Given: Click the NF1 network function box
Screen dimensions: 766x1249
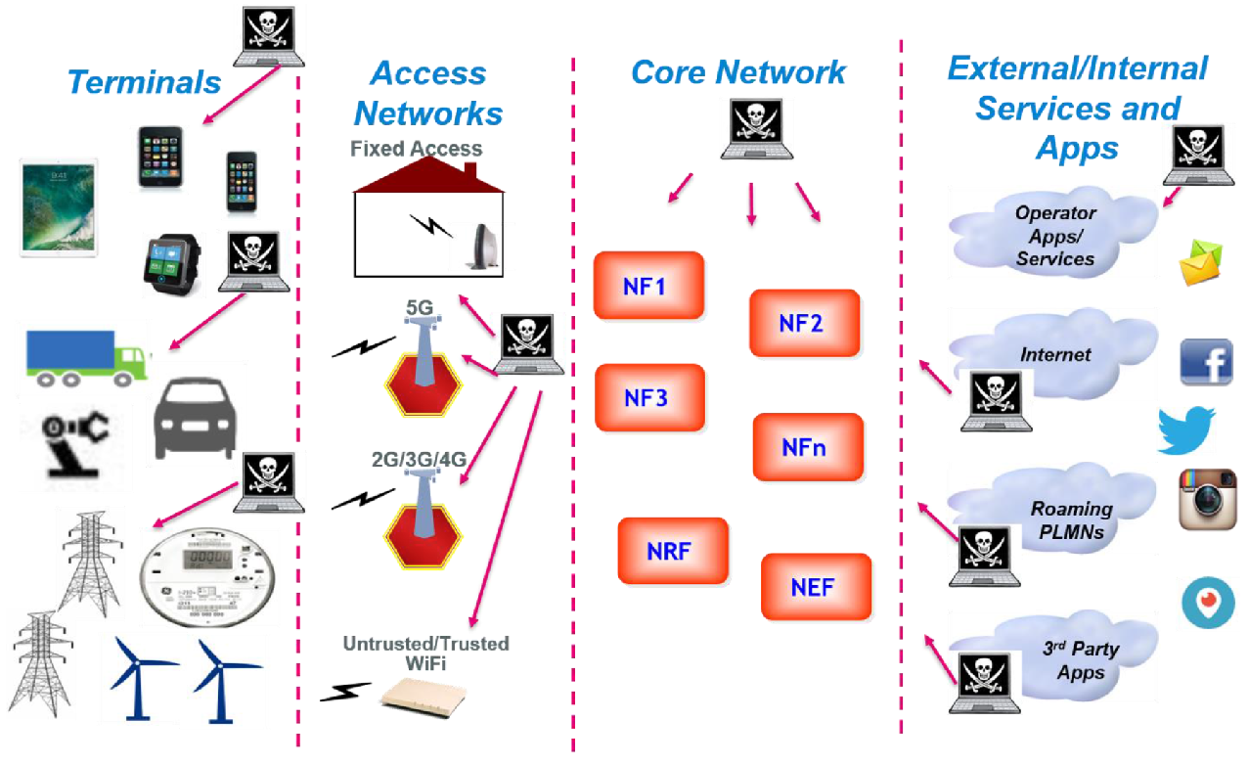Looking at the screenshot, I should [x=647, y=286].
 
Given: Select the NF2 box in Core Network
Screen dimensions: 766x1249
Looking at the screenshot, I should [x=803, y=323].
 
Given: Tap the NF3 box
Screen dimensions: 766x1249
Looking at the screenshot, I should [x=648, y=398].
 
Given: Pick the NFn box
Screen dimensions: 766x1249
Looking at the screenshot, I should [x=807, y=447].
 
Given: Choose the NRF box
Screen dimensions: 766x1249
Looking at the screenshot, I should [x=672, y=551].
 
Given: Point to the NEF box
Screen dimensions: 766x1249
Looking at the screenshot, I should [x=815, y=587].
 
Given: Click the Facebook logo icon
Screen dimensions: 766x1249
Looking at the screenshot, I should [x=1205, y=362].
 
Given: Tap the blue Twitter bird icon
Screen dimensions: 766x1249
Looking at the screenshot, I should [x=1186, y=430].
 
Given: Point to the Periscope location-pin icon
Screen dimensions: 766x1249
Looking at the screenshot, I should [x=1209, y=603].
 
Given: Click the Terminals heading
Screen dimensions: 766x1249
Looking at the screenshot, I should [x=145, y=82].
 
